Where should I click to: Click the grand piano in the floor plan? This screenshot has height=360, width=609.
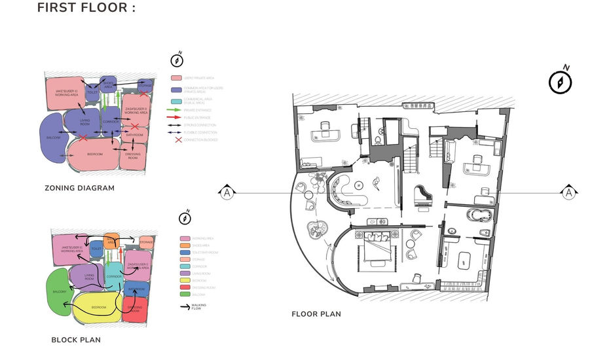[x=420, y=194]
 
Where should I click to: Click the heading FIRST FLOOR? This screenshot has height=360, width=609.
[x=86, y=8]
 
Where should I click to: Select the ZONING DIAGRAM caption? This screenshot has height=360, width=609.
[x=79, y=188]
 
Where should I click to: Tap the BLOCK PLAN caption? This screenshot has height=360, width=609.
[x=75, y=340]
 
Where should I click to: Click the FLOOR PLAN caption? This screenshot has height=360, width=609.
[x=316, y=314]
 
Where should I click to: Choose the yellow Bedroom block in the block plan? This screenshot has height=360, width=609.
[x=98, y=307]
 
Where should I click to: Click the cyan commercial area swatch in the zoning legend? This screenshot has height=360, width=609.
[x=176, y=101]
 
